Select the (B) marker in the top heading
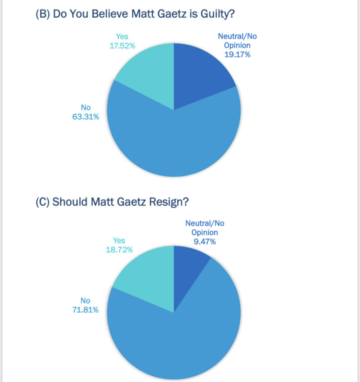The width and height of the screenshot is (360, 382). tap(42, 14)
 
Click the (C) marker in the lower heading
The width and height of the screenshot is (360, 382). tap(42, 202)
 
